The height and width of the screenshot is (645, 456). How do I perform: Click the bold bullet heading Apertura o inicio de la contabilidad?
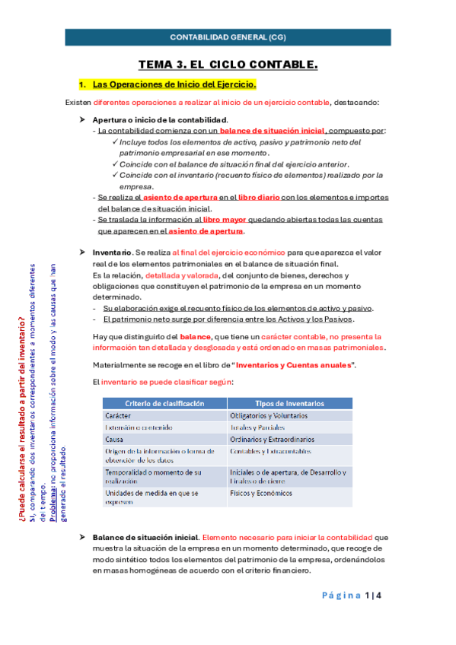point(159,120)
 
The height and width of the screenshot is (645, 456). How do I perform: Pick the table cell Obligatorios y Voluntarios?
point(268,416)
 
